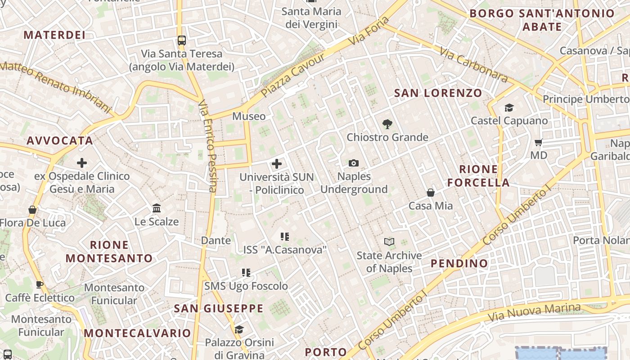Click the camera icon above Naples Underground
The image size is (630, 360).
(354, 163)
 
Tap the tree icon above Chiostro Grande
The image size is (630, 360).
(387, 124)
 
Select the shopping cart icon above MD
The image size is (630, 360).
(538, 143)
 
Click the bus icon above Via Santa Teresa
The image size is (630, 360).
(181, 40)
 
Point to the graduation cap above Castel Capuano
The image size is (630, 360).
(509, 108)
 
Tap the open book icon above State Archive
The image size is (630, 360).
(389, 242)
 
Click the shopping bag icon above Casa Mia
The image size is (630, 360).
(431, 193)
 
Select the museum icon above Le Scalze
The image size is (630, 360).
(157, 208)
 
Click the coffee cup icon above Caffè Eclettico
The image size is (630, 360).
(40, 284)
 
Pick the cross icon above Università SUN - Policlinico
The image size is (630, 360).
(277, 164)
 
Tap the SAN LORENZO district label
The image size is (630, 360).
(438, 93)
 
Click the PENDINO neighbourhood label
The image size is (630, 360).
(459, 263)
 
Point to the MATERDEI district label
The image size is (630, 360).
(54, 35)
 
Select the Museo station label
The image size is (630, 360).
(249, 116)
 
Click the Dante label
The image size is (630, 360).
(216, 240)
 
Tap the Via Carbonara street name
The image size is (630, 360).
(473, 66)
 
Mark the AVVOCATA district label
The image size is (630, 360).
(60, 140)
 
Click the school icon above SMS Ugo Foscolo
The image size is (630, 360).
(246, 273)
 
